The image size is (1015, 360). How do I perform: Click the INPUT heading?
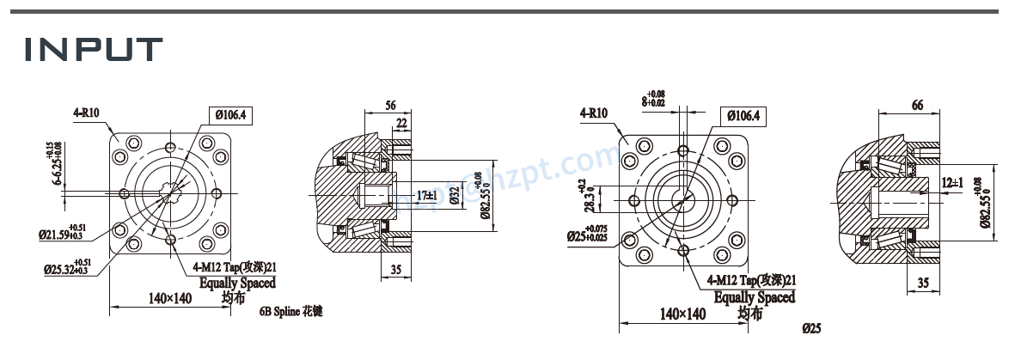[93, 49]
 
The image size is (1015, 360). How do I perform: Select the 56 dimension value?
[390, 105]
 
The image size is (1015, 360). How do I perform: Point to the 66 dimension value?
[917, 105]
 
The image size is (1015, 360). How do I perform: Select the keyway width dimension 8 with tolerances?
[653, 99]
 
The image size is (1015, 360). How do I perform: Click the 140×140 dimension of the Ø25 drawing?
[682, 314]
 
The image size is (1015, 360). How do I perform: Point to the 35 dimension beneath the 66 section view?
[922, 282]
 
